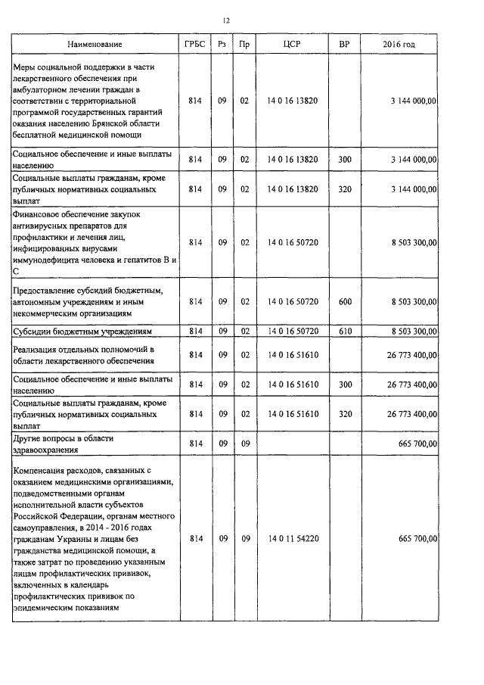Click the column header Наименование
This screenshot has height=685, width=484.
95,45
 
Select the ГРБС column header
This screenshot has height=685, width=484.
194,45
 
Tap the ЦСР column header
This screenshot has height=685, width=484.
292,45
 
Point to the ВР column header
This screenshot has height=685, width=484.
344,45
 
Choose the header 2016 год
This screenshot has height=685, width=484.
399,45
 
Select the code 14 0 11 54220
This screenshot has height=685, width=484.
292,538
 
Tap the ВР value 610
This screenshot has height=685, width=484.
344,331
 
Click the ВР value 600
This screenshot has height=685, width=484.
344,302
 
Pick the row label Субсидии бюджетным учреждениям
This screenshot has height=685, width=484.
83,332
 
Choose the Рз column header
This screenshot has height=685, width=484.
222,45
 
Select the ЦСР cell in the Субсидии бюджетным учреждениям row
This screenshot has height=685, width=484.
292,331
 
